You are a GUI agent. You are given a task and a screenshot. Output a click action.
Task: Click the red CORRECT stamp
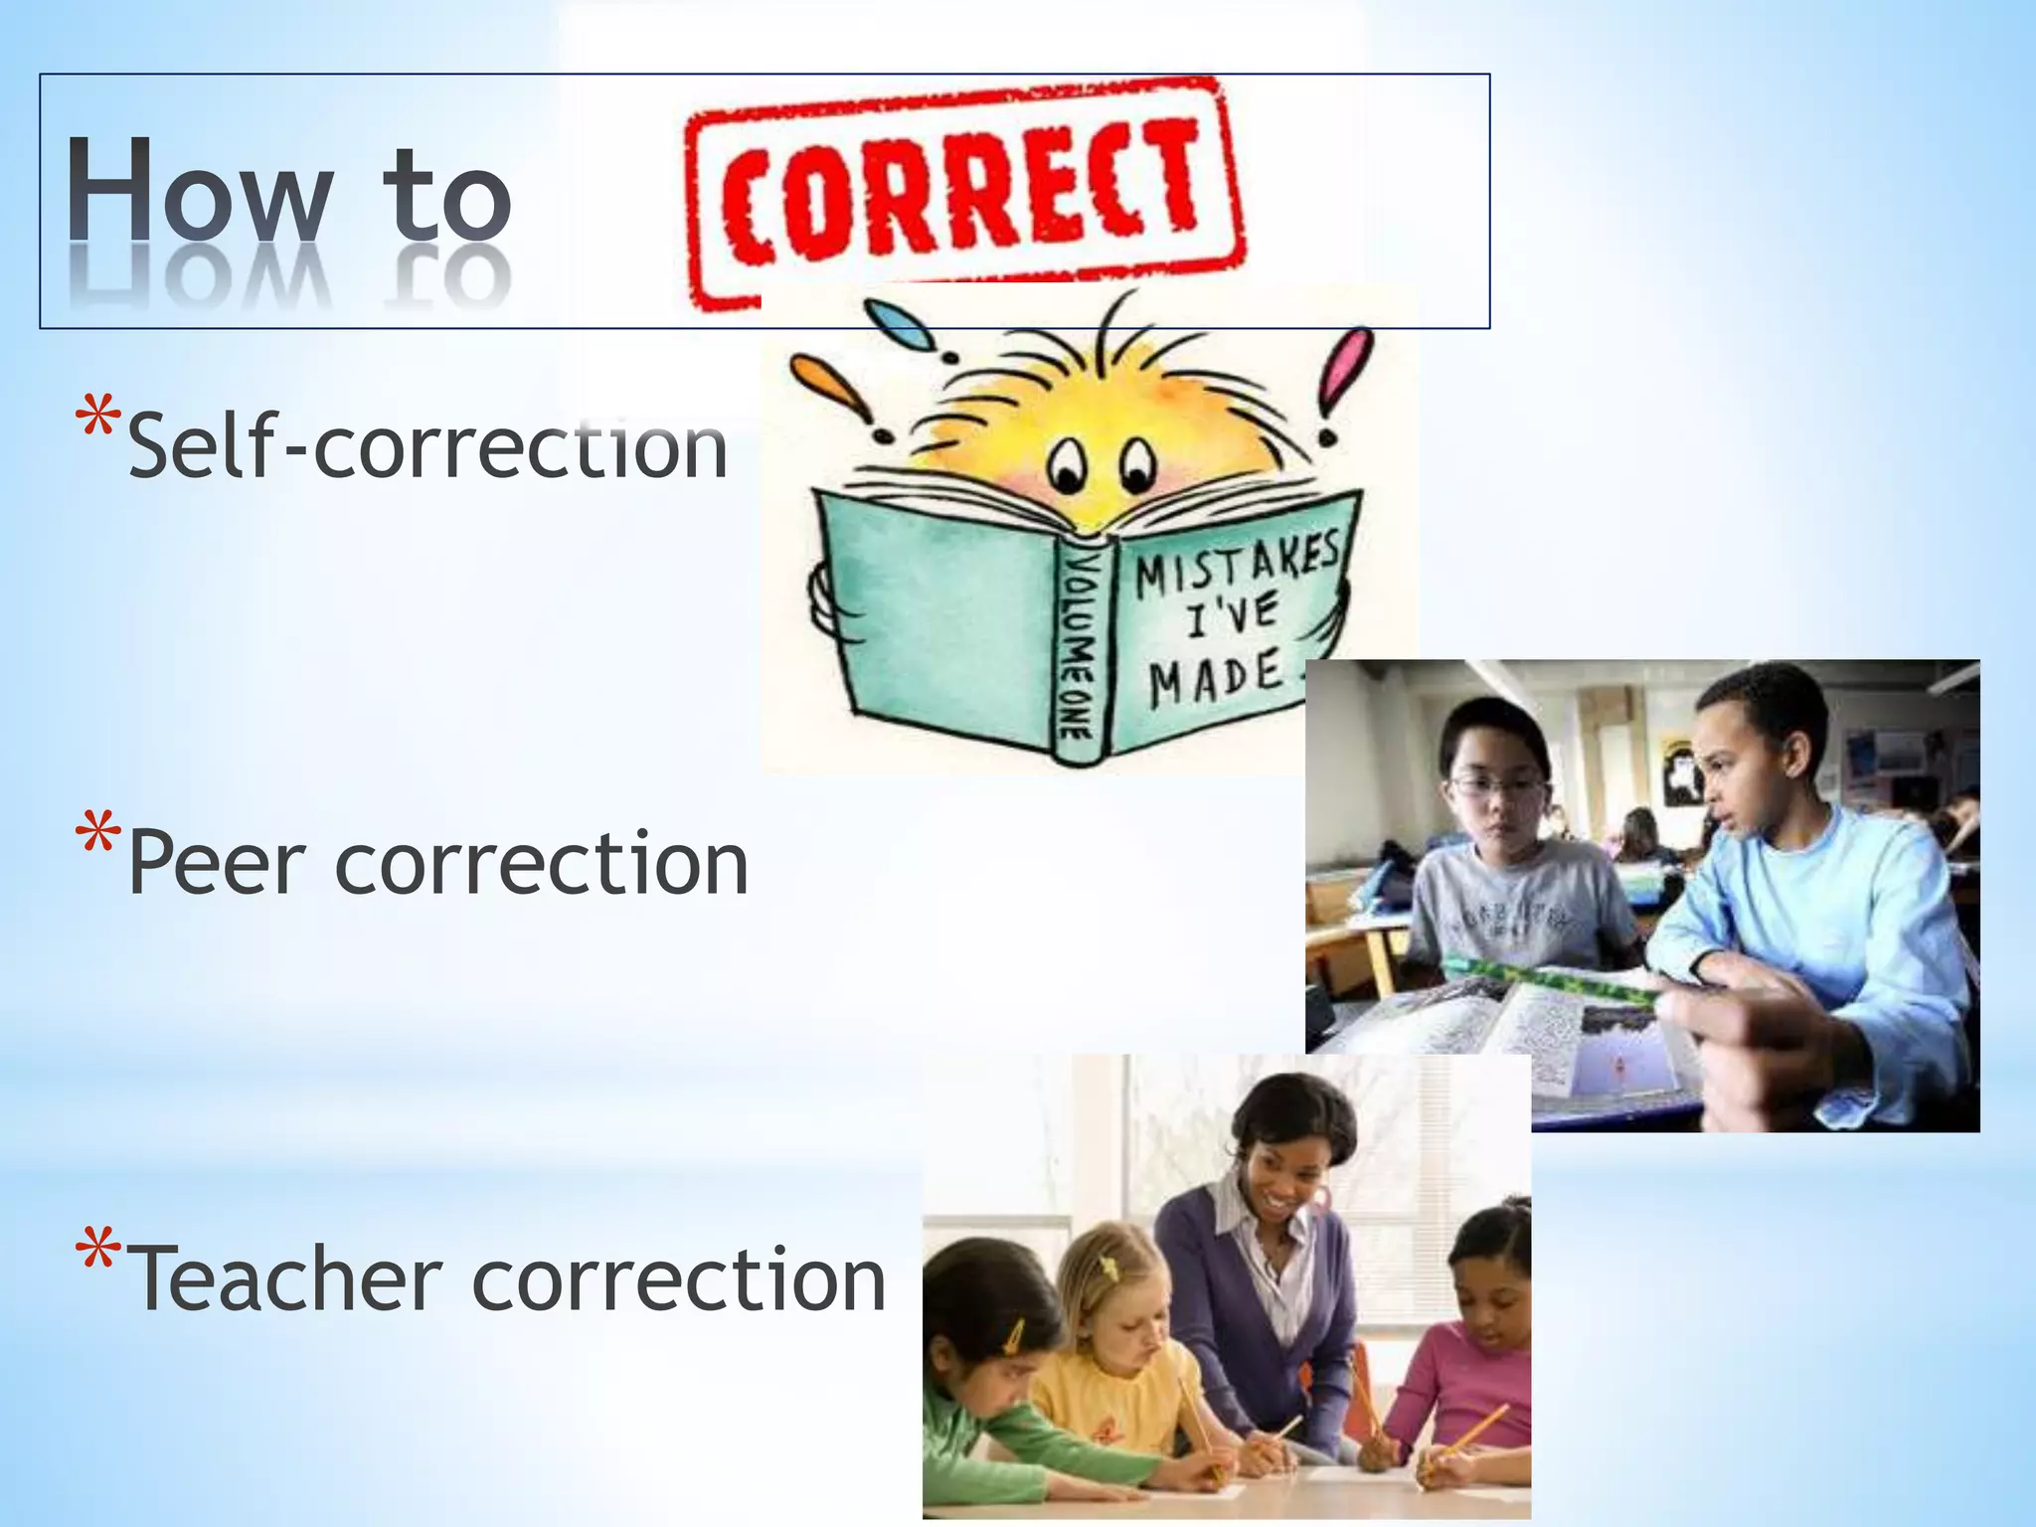pos(964,194)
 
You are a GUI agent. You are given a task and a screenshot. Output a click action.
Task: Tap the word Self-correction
pos(427,447)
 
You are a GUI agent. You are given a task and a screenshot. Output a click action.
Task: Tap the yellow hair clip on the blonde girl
pos(1107,1267)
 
